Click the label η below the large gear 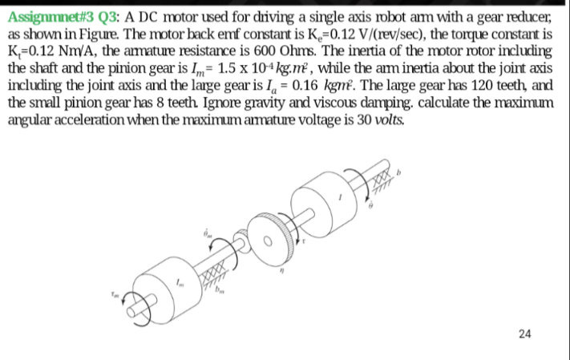point(275,273)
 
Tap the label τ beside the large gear point(305,240)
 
